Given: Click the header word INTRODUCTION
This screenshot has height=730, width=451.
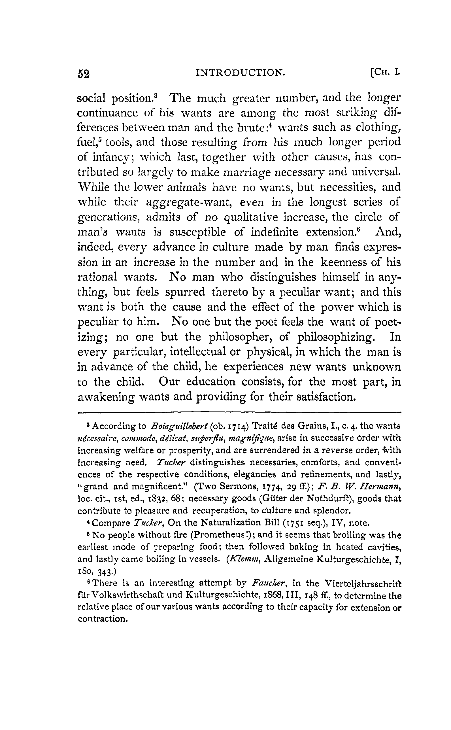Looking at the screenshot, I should coord(240,73).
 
